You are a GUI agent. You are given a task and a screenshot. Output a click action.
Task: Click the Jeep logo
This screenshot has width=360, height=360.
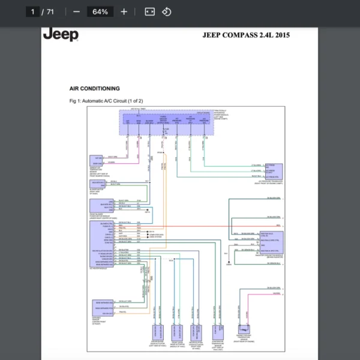click(x=61, y=34)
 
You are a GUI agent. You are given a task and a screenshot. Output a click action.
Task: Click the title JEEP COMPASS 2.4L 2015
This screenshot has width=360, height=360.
click(x=247, y=35)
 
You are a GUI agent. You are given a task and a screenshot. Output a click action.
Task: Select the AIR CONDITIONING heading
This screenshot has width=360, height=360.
click(x=94, y=88)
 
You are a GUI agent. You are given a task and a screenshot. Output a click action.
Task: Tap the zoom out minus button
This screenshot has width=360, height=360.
click(x=76, y=11)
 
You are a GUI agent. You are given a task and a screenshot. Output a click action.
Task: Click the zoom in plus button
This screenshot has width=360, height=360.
click(x=124, y=11)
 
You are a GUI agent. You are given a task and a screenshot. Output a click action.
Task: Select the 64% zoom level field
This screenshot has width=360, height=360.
click(x=100, y=11)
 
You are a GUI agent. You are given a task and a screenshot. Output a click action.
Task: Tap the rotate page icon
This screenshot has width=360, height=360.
click(x=167, y=11)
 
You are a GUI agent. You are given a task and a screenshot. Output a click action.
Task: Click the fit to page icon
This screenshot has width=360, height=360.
click(x=150, y=11)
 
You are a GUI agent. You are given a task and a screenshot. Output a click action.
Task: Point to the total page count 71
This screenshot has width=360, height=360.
click(x=50, y=11)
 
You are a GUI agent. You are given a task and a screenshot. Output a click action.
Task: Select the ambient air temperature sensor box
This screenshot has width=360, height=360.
click(x=97, y=160)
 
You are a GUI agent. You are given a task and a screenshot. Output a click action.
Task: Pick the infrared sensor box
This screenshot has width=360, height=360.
click(x=101, y=307)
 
